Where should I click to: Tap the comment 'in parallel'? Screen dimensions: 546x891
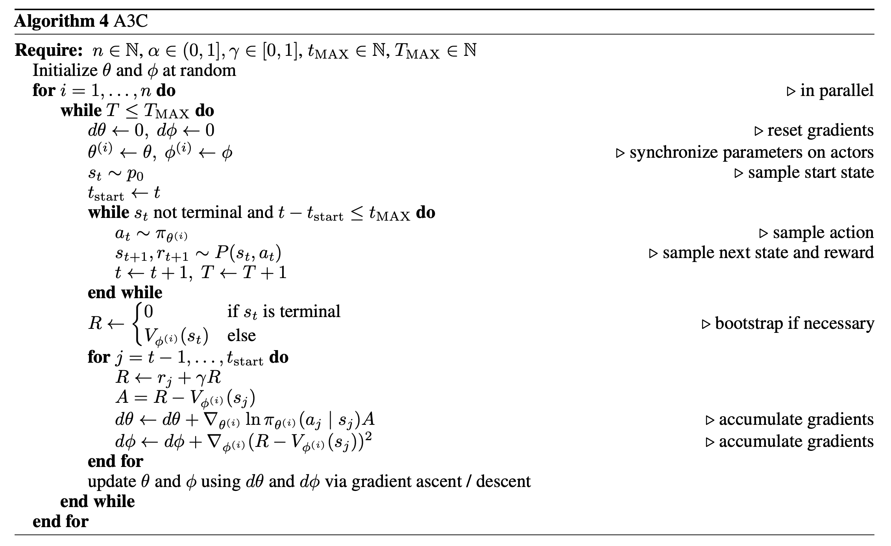[x=837, y=90]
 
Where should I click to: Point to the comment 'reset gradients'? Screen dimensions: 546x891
[x=820, y=130]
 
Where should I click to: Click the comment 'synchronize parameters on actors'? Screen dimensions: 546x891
[x=751, y=152]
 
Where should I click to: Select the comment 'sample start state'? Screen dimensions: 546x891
[x=811, y=172]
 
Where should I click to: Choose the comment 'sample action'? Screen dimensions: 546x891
[x=823, y=232]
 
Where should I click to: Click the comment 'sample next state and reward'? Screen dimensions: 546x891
[x=768, y=253]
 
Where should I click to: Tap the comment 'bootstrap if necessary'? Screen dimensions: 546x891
[x=794, y=323]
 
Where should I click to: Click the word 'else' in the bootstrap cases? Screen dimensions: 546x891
[x=242, y=336]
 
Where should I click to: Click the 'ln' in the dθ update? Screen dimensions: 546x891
[x=253, y=420]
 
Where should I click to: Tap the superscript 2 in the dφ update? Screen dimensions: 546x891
[x=368, y=437]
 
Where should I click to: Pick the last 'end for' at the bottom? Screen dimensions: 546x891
[x=61, y=522]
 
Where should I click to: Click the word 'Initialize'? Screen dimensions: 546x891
[x=65, y=71]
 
